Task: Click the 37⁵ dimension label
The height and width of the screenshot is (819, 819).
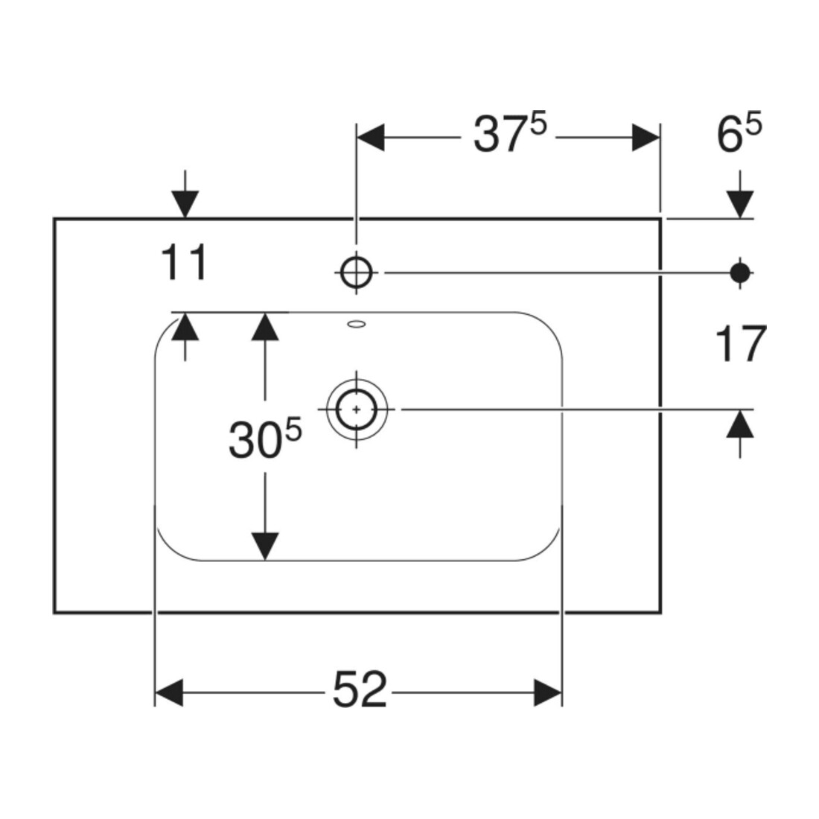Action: (509, 134)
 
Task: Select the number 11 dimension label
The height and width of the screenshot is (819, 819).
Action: (184, 262)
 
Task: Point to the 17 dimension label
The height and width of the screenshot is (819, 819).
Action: (740, 343)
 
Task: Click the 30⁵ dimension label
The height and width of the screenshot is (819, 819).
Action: (265, 439)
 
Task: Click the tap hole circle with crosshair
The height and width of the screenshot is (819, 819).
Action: (356, 272)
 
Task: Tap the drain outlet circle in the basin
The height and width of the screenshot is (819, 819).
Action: (356, 409)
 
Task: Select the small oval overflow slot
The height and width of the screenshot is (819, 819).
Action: (357, 325)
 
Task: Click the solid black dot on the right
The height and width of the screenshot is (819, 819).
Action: (740, 272)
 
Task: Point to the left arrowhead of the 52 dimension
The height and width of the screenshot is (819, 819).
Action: (169, 692)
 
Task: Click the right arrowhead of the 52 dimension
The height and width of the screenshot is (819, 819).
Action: (548, 692)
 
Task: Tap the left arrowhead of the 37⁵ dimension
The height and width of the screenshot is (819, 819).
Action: (370, 138)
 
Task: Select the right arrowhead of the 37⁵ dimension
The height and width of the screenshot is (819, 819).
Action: (646, 138)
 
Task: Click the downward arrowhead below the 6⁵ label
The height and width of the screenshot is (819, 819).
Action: (740, 204)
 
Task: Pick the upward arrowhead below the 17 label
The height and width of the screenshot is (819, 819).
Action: (740, 424)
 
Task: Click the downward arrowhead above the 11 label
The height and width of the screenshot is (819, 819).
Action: (185, 204)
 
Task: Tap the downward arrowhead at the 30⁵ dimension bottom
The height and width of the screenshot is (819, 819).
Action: (265, 546)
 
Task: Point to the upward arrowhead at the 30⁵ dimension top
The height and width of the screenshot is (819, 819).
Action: (265, 326)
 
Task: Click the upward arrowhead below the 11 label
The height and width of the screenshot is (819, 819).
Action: (185, 326)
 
